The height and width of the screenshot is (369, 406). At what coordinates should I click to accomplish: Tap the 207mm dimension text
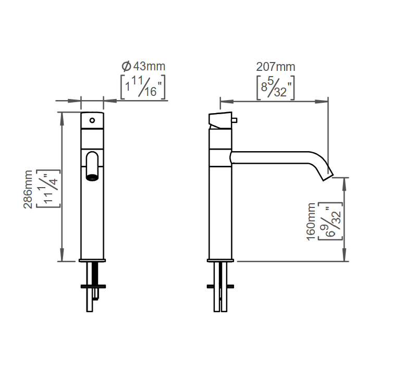276,67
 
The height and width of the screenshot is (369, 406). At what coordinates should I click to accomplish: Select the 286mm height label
28,189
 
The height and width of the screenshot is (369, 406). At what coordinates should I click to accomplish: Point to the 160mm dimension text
311,222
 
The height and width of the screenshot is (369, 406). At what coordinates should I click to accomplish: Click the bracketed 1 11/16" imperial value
143,87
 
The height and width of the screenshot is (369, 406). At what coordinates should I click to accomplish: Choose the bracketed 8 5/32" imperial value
276,88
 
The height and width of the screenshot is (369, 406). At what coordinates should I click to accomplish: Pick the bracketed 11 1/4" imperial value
48,189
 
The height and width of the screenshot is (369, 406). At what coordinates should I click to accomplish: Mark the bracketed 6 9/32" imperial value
330,221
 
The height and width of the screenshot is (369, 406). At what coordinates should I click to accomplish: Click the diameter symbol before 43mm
126,66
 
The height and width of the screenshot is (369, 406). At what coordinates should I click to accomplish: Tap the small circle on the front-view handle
92,120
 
